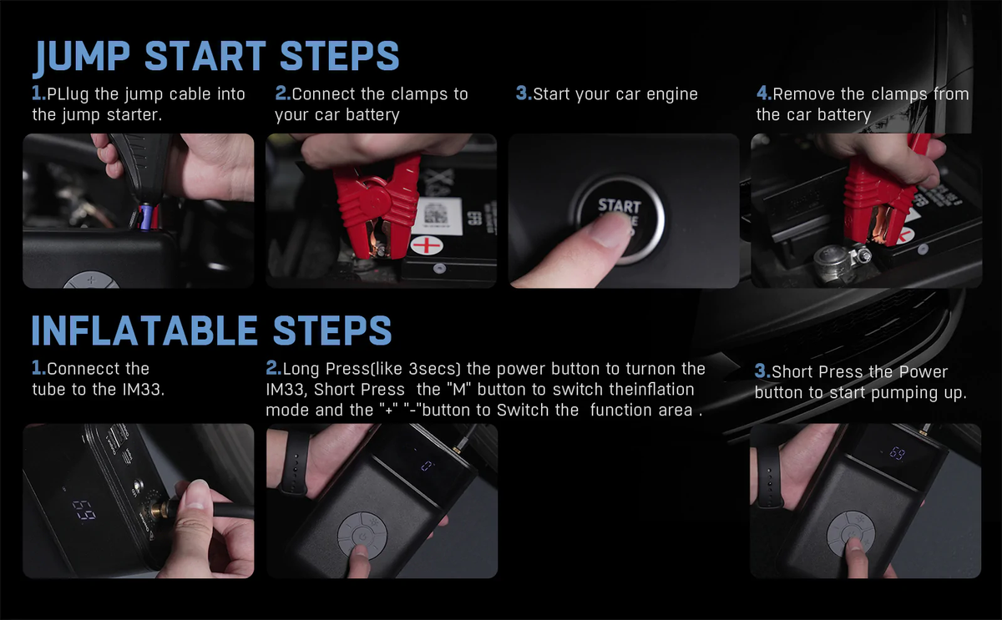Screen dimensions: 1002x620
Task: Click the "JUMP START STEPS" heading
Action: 216,57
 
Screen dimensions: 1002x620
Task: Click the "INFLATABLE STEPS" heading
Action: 211,330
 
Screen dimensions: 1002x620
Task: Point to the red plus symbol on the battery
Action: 427,245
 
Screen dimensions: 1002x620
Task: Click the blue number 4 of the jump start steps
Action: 764,93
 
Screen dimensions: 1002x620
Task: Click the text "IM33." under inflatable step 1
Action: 143,390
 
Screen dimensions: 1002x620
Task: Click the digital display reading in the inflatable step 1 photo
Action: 84,510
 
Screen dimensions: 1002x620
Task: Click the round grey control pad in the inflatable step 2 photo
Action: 362,536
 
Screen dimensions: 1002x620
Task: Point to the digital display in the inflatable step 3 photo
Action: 897,453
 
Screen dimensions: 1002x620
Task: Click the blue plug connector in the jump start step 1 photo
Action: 145,216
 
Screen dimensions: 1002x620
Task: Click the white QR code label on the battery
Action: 436,217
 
